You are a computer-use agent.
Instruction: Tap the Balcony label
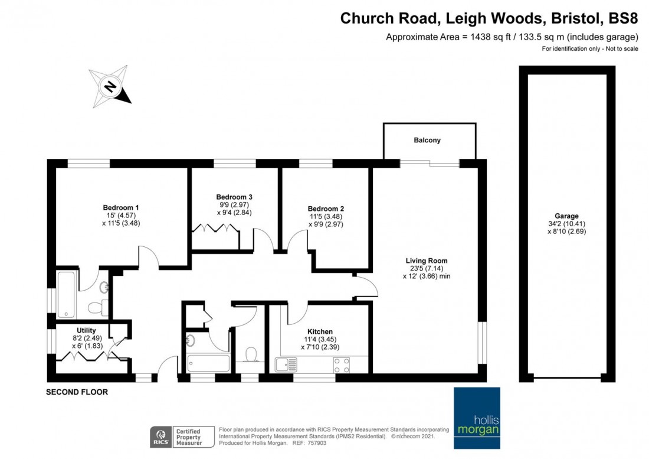coord(427,141)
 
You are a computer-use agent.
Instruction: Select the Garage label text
coord(566,216)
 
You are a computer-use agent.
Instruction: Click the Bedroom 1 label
coord(120,207)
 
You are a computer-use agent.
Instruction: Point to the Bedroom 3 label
coord(234,197)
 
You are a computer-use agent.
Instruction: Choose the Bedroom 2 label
coord(326,209)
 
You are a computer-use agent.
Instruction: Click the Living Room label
coord(426,261)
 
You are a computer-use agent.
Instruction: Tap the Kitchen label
coord(320,331)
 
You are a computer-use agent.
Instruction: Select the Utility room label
coord(86,330)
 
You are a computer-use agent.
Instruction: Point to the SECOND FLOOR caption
coord(77,392)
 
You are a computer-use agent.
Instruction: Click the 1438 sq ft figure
coord(485,37)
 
